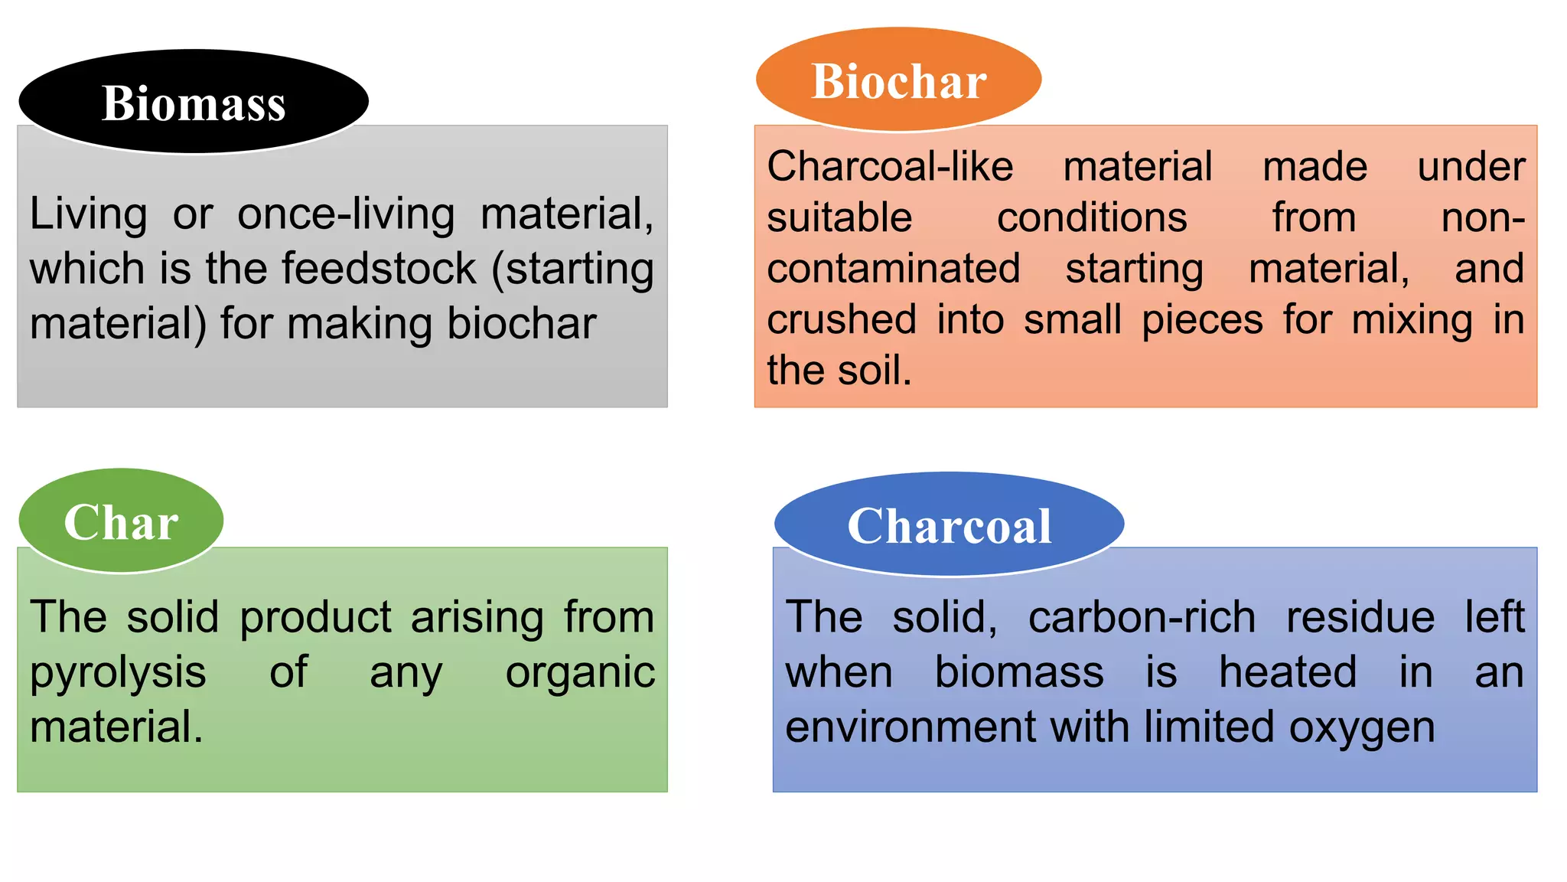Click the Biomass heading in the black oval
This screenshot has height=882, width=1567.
(x=194, y=103)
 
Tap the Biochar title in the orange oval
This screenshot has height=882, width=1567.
(x=899, y=81)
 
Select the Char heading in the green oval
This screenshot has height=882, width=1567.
(x=121, y=523)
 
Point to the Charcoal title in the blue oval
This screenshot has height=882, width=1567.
(x=950, y=526)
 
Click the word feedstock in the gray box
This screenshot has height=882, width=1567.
(x=379, y=269)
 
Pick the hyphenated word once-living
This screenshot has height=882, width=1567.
(x=346, y=214)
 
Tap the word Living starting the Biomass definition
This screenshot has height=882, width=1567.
(x=88, y=214)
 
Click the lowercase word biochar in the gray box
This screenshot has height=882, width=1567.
(x=521, y=323)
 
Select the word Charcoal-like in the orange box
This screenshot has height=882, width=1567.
(x=890, y=166)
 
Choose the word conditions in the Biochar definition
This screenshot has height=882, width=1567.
(x=1092, y=217)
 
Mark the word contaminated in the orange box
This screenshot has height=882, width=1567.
(x=894, y=269)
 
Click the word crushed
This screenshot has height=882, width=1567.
(x=842, y=319)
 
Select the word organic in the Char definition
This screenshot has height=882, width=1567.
(x=580, y=672)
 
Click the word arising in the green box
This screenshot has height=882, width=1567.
(x=477, y=617)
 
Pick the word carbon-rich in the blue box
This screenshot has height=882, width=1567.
(x=1142, y=617)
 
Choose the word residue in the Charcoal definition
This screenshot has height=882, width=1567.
(x=1360, y=617)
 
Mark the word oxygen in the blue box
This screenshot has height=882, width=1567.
(x=1362, y=727)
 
